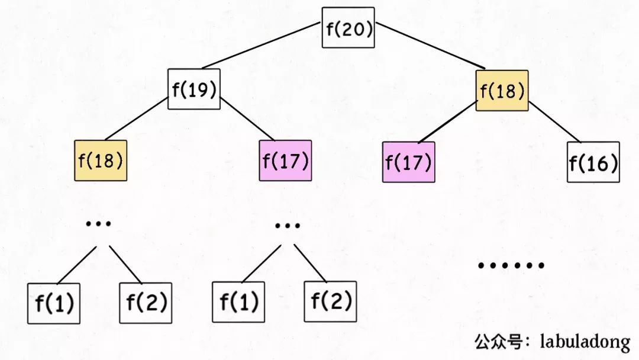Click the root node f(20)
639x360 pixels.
348,28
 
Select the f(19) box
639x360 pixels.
194,89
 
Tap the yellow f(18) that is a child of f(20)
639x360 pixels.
502,91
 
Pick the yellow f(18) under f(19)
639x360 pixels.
101,160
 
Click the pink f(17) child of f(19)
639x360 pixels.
285,160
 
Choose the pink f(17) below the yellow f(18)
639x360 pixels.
409,162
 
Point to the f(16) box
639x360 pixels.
593,162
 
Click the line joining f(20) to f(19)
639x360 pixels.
262,45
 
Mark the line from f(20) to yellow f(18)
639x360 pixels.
430,46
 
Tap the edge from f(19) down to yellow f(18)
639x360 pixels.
136,119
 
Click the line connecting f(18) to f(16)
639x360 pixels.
554,122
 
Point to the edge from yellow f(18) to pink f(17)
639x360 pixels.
447,123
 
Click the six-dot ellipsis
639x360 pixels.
511,265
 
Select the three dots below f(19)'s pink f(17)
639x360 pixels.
288,225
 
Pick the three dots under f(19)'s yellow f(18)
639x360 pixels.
98,223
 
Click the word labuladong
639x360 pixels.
585,342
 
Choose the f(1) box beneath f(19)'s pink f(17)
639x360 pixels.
238,302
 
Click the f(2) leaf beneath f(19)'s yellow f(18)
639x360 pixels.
146,303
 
